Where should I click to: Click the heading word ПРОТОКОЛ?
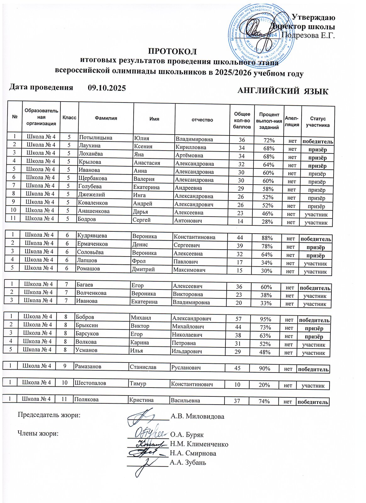pyautogui.click(x=172, y=51)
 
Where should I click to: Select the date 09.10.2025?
pyautogui.click(x=107, y=88)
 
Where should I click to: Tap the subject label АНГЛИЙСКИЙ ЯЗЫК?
pyautogui.click(x=283, y=91)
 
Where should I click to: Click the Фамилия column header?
pyautogui.click(x=106, y=118)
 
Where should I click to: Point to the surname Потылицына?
pyautogui.click(x=96, y=137)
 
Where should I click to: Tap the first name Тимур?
pyautogui.click(x=138, y=384)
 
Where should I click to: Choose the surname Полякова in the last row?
pyautogui.click(x=86, y=400)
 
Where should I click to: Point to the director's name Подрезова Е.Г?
pyautogui.click(x=308, y=35)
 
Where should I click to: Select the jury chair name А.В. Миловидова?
pyautogui.click(x=197, y=417)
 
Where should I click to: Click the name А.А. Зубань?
pyautogui.click(x=188, y=462)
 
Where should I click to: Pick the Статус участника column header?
pyautogui.click(x=318, y=122)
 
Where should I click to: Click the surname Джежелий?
pyautogui.click(x=91, y=195)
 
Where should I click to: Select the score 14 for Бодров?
pyautogui.click(x=240, y=221)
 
